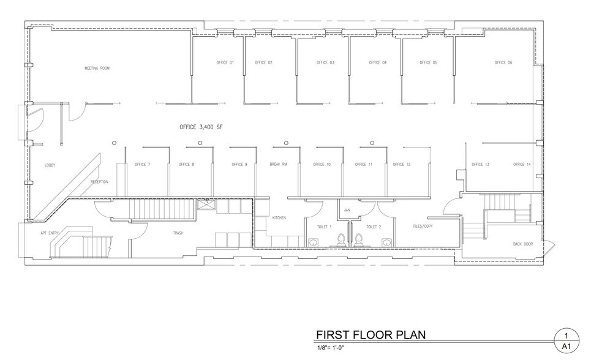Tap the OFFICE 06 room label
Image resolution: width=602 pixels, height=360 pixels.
coord(503,63)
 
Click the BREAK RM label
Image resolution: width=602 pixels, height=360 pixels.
coord(278,165)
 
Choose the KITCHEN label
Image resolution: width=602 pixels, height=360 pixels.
coord(279,218)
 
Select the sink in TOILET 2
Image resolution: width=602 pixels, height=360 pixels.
coord(386,242)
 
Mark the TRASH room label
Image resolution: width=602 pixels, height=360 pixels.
coord(178,233)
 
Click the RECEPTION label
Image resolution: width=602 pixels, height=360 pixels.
coord(99,182)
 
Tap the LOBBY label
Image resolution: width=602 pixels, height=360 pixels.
coord(50,165)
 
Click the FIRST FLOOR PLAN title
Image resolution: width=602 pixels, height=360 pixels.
coord(370,335)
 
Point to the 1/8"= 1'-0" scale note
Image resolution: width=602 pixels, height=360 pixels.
coord(331,348)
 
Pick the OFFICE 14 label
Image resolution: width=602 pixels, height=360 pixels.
coord(522,165)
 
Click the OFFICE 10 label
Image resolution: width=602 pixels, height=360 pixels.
coord(322,165)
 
